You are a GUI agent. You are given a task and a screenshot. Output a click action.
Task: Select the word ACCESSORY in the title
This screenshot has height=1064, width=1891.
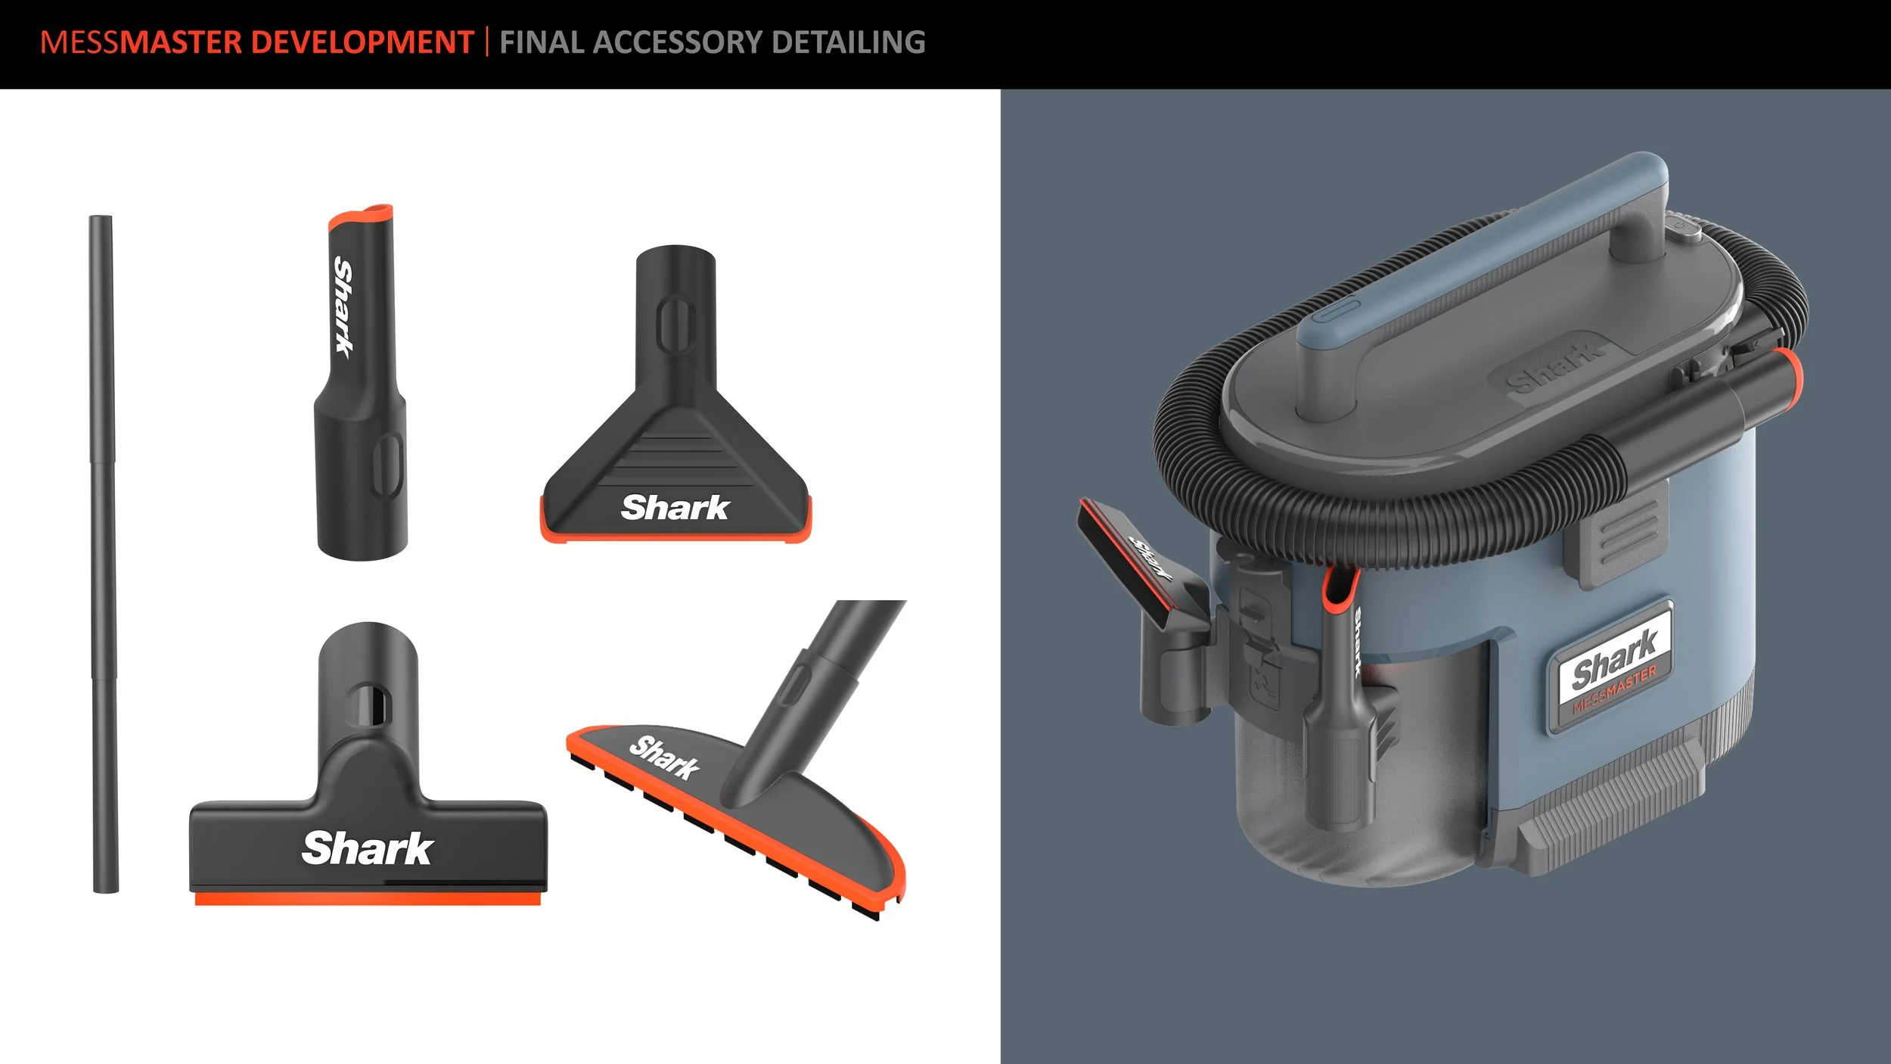pyautogui.click(x=678, y=42)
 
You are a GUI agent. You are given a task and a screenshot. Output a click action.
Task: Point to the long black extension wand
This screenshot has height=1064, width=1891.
pyautogui.click(x=103, y=554)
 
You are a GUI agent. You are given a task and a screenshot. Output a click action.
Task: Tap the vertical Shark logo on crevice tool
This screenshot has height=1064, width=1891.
pyautogui.click(x=344, y=307)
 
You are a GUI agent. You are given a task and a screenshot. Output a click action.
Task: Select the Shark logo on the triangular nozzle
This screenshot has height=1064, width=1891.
pyautogui.click(x=675, y=507)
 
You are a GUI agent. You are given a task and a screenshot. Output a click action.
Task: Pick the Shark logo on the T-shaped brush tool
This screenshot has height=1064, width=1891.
pyautogui.click(x=367, y=848)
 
